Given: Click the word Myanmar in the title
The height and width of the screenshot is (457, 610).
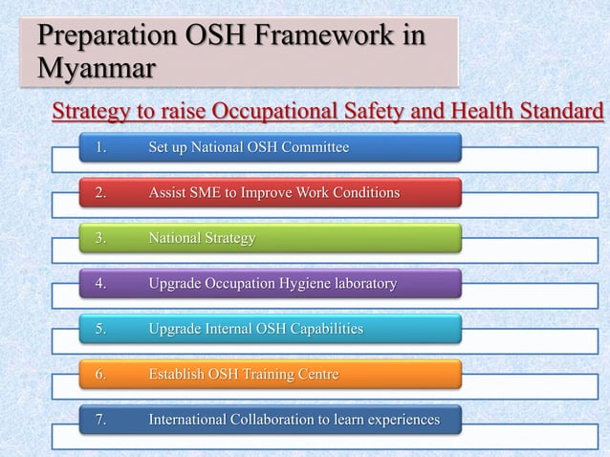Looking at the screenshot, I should tap(97, 70).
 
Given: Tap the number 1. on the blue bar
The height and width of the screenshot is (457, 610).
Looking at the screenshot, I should tap(100, 147).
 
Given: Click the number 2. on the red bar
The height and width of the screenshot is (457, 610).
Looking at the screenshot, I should tap(100, 193).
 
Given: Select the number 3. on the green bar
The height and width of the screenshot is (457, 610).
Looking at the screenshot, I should tap(100, 238).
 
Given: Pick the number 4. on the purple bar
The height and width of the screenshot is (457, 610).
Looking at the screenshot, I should tap(100, 284).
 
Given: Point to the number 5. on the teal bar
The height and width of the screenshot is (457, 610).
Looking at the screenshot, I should tap(100, 329).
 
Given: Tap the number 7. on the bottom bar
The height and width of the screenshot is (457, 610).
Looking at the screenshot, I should tap(100, 420).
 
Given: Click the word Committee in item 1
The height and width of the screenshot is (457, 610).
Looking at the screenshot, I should tap(316, 147).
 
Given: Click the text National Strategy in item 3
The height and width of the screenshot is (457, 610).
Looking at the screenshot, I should tap(202, 238).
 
